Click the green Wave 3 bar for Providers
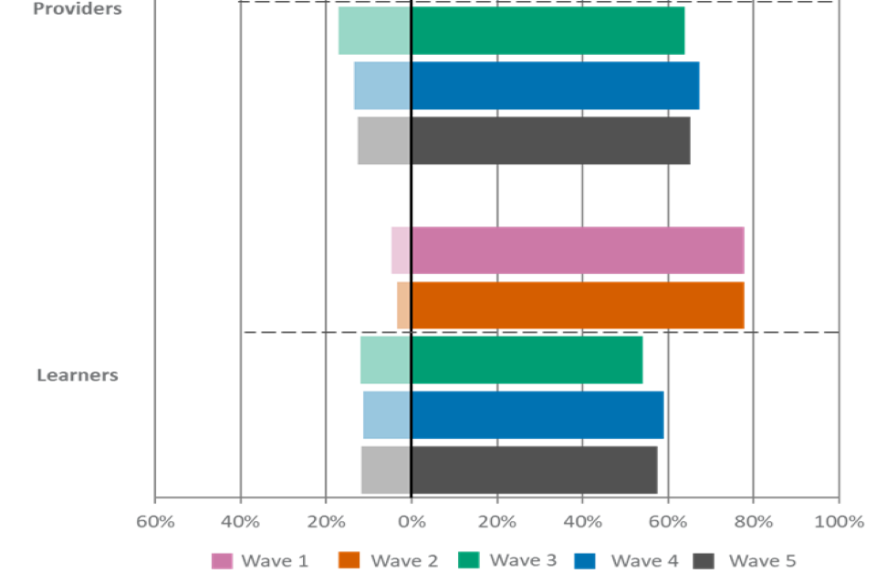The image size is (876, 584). (x=511, y=31)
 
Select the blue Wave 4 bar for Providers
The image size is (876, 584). (x=527, y=86)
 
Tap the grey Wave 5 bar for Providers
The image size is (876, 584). (x=523, y=141)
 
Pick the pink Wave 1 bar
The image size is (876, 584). (x=568, y=250)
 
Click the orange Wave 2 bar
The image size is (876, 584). (x=570, y=305)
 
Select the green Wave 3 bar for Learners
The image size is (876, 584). (x=501, y=360)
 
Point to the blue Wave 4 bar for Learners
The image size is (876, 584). (x=513, y=415)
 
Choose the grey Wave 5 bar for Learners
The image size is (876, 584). (x=509, y=470)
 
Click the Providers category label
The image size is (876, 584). (x=78, y=9)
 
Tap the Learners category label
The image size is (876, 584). (x=78, y=375)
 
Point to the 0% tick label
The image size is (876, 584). (x=412, y=522)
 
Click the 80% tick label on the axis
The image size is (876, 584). (x=753, y=522)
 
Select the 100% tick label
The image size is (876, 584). (x=838, y=522)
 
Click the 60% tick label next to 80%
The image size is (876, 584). (x=668, y=522)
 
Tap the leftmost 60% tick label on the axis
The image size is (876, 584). (x=155, y=522)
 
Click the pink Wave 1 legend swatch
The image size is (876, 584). (x=222, y=560)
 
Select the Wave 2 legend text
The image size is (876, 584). (x=404, y=560)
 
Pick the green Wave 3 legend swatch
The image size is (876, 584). (x=468, y=560)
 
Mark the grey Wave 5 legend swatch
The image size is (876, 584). (x=704, y=560)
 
